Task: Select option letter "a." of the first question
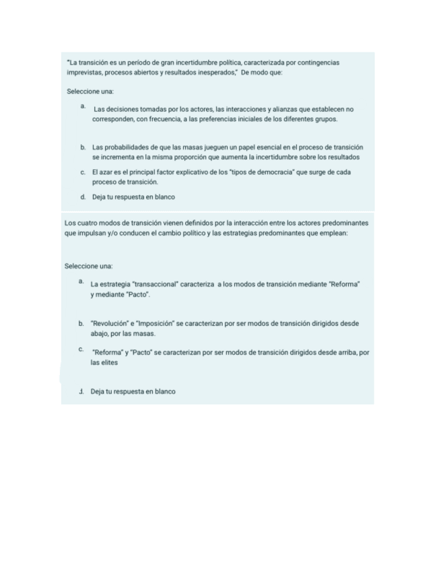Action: [x=82, y=106]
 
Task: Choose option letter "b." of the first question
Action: [x=82, y=147]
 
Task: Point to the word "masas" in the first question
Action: [x=184, y=147]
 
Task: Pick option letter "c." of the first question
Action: [x=82, y=172]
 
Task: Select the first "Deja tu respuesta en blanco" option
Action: [x=133, y=197]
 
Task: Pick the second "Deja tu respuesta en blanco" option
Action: [x=133, y=392]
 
